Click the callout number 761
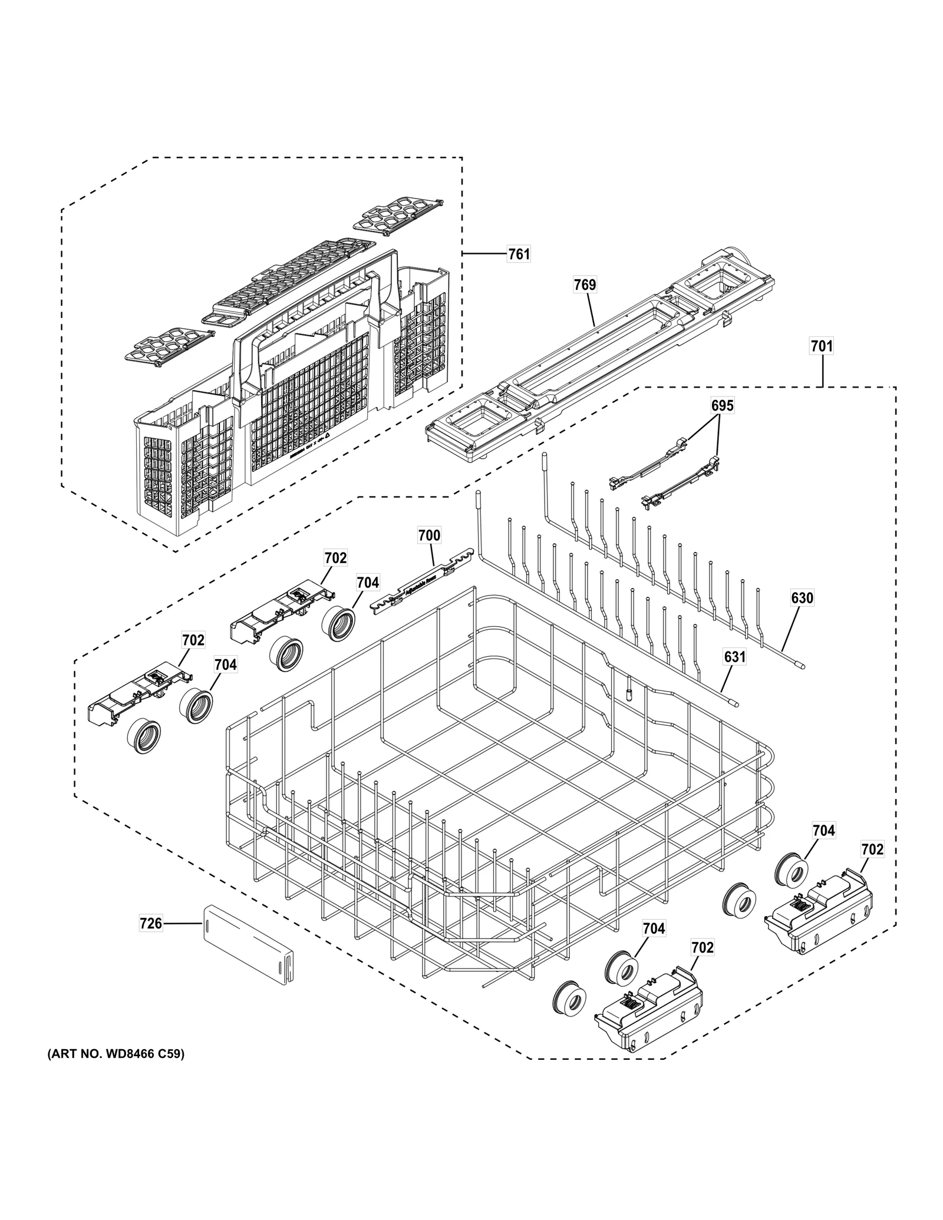(519, 254)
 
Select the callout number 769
(585, 285)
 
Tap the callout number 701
(822, 346)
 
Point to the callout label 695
(723, 405)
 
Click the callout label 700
(429, 535)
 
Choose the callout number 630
(802, 598)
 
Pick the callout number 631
(735, 656)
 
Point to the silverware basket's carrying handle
(318, 283)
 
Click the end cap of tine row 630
(799, 665)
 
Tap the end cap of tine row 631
(733, 702)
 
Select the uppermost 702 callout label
(335, 557)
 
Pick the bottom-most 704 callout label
(654, 928)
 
